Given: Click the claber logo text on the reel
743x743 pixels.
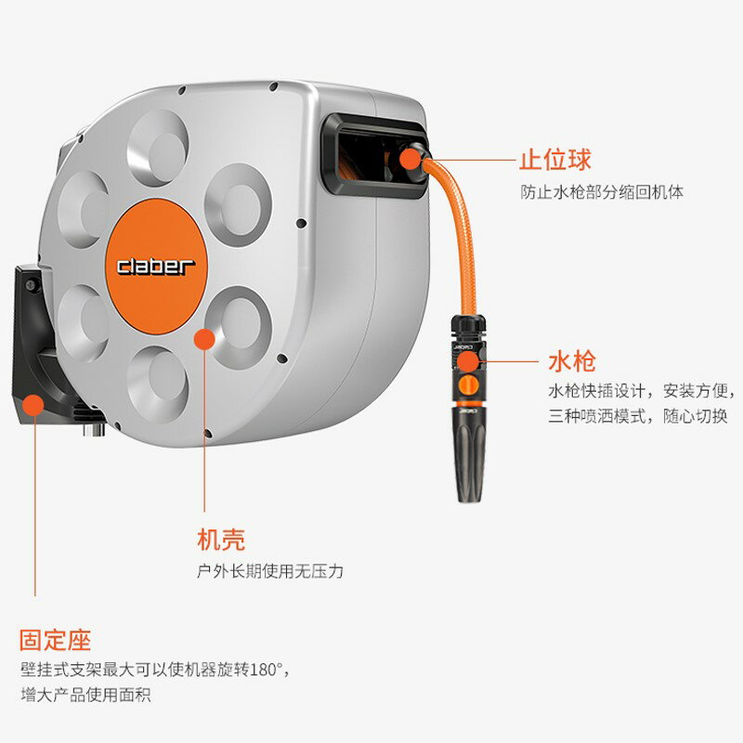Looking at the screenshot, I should [156, 266].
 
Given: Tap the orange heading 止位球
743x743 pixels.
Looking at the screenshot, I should [554, 160].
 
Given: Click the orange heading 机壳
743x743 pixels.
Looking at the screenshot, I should [221, 539].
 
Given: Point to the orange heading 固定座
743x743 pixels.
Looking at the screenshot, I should [56, 640].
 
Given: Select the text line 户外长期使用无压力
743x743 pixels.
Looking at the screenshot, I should [270, 571].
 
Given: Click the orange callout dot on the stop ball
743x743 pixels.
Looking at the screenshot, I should [410, 159].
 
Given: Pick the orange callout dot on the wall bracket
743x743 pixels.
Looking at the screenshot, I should [33, 404].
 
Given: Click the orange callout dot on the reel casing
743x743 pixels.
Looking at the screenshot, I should [203, 338].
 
